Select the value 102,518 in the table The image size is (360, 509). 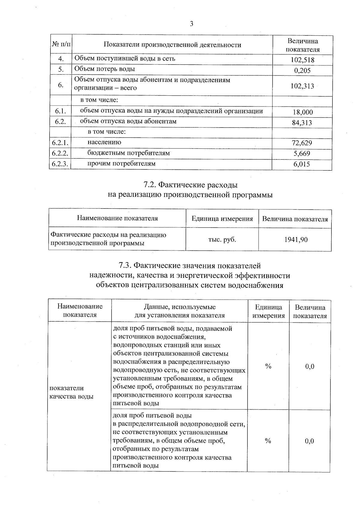pos(302,60)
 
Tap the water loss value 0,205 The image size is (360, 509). pos(302,70)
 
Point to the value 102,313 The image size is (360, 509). pos(302,86)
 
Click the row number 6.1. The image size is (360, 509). pos(60,112)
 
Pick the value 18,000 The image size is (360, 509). pos(302,112)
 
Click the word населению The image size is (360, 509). pos(104,142)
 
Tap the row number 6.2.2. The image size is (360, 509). pos(60,153)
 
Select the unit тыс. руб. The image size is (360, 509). pos(222,240)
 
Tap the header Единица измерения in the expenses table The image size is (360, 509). pos(222,219)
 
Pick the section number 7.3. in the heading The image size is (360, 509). pos(125,266)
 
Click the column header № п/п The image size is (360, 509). pos(61,45)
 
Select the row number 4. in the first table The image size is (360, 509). pos(61,59)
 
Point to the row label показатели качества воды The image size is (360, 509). pos(71,392)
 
